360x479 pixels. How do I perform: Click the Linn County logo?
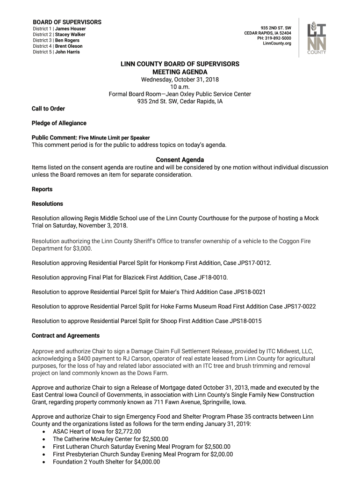(x=317, y=39)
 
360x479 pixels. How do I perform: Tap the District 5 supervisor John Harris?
(x=67, y=52)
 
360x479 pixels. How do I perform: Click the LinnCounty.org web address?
(x=277, y=44)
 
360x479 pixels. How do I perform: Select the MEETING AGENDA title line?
(x=180, y=72)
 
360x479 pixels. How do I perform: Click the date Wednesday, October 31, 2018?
(x=180, y=80)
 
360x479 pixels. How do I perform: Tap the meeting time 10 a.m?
(x=180, y=87)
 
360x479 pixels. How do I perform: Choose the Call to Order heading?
(x=48, y=109)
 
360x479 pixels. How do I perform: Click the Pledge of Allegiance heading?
(x=59, y=123)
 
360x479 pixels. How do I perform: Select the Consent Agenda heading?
(x=180, y=160)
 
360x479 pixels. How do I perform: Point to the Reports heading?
(x=42, y=189)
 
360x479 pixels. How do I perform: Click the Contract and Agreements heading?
(x=65, y=335)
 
